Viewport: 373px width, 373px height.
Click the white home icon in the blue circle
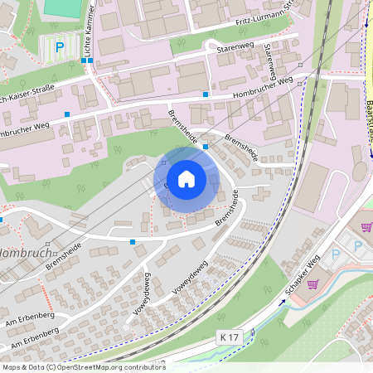tap(186, 178)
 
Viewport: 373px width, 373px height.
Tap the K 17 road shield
tap(231, 337)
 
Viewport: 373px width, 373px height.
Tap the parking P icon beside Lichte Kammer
tap(58, 48)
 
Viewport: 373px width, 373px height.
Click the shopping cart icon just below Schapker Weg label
tap(312, 284)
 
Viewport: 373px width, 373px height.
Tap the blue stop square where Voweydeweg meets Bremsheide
tap(133, 241)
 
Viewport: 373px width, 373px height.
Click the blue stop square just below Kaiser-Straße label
tap(67, 114)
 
